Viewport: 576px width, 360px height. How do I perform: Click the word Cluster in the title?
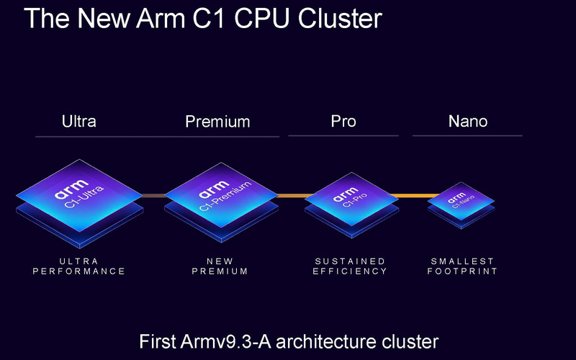click(x=334, y=18)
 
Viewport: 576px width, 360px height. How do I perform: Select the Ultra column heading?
click(x=79, y=121)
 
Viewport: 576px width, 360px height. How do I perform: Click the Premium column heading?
click(x=217, y=121)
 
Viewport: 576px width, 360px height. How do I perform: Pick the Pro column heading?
click(x=343, y=121)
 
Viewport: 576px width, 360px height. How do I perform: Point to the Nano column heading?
click(x=468, y=121)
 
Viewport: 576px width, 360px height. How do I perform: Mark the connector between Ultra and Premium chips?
click(x=153, y=195)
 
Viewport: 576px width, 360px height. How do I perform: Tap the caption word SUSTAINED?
click(x=351, y=261)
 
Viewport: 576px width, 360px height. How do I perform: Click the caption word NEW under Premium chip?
click(x=221, y=261)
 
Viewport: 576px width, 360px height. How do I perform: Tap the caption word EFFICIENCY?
click(x=351, y=271)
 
